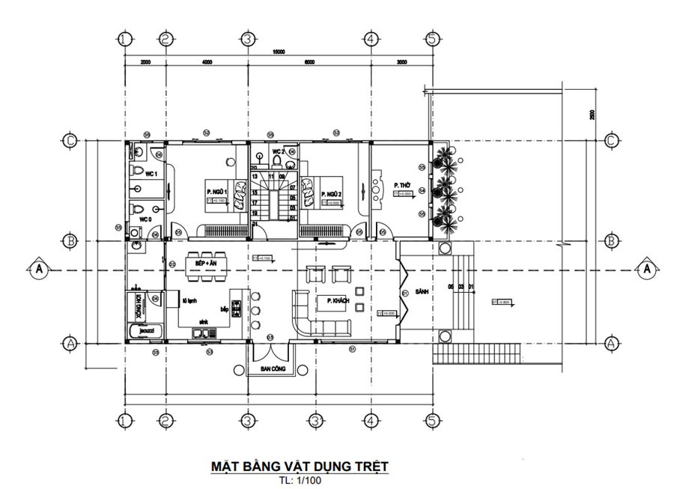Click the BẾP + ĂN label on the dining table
(x=206, y=264)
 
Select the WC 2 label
(x=278, y=151)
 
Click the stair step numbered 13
(x=255, y=176)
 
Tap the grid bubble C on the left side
(x=70, y=140)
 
